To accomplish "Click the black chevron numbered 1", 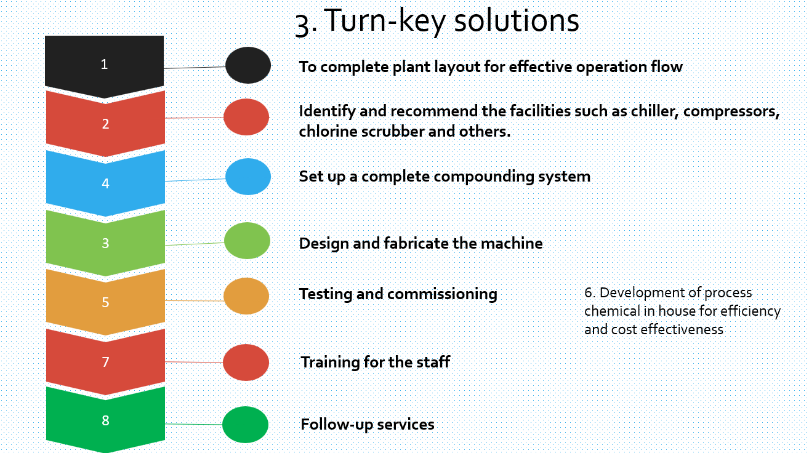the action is [105, 65].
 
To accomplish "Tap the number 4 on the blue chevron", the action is [105, 183].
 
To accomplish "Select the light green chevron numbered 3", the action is [105, 243].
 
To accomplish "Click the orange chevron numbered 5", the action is [105, 302].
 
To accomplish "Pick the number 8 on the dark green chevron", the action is [105, 420].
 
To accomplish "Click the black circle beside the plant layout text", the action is [248, 65].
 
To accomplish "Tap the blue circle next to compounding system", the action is [248, 177].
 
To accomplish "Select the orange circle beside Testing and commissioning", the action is [246, 296].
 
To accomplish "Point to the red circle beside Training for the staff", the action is [246, 363].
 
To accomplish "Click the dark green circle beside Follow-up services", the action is [245, 425].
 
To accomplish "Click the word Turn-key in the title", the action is [385, 21].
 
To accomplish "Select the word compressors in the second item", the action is [731, 112].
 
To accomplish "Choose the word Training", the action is [330, 363].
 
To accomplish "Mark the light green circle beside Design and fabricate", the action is [247, 241].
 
